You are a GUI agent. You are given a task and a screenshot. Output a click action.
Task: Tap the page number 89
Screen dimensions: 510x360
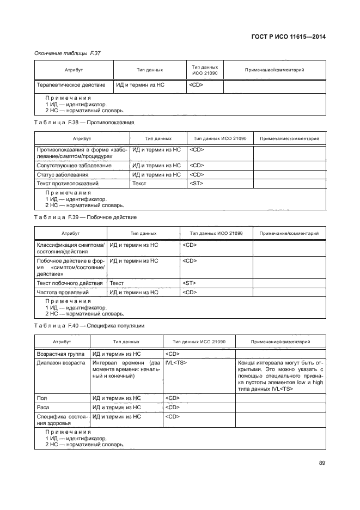(x=322, y=463)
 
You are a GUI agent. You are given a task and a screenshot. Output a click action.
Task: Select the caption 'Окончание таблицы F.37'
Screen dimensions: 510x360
(x=68, y=53)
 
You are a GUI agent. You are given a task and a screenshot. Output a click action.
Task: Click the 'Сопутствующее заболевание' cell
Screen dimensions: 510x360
(x=74, y=165)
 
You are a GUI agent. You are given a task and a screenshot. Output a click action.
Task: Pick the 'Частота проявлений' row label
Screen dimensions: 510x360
(x=63, y=293)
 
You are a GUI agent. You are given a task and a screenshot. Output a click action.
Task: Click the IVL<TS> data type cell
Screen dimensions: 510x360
(x=176, y=362)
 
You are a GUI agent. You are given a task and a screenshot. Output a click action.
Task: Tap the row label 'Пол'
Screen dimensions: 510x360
(x=41, y=398)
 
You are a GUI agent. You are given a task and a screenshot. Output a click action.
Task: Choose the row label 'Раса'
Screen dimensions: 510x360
(x=44, y=408)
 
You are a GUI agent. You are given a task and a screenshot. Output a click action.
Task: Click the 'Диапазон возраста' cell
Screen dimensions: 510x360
(x=60, y=362)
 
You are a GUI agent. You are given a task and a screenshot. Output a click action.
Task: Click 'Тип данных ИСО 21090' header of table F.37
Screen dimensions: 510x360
(x=205, y=70)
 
